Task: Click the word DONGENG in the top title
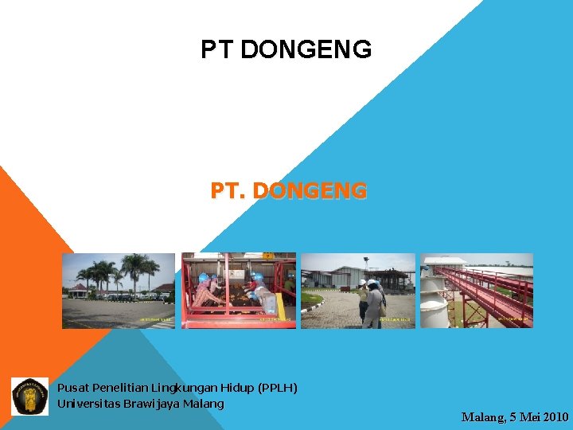306,50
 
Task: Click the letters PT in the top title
217,50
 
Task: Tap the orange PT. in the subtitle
225,191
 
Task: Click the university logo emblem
29,396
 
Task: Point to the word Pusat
73,388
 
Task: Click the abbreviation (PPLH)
278,388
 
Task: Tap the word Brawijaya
151,404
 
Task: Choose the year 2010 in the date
554,416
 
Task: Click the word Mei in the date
525,416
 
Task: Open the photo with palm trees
118,291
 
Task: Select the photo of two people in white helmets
358,291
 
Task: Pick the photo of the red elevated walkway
477,291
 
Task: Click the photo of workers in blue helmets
239,291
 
